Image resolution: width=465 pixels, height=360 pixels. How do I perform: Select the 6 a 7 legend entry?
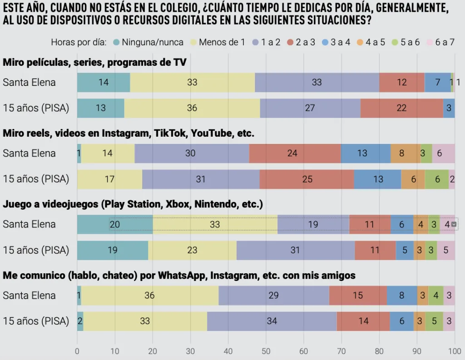440,42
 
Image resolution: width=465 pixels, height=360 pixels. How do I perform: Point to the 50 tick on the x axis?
266,351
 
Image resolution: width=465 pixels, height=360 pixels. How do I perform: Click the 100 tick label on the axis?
454,351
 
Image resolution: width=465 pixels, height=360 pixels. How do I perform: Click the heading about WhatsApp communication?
179,275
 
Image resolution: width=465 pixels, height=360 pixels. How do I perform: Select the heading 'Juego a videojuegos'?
133,204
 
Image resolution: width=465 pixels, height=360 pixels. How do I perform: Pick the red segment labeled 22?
401,108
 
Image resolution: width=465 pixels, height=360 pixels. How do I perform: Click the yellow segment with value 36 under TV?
192,108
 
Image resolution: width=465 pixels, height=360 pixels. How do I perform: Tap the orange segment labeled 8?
401,153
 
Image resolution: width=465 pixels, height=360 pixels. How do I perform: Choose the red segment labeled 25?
307,179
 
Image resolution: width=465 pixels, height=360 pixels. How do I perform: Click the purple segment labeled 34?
272,321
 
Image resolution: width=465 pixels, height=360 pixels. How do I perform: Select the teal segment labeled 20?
115,224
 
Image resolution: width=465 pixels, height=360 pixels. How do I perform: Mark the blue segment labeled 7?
437,83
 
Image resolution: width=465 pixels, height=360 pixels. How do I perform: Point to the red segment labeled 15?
358,296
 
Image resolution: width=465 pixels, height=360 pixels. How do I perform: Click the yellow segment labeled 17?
109,179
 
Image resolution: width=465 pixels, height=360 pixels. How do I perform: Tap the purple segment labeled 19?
313,224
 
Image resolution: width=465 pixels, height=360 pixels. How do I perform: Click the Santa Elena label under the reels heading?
29,153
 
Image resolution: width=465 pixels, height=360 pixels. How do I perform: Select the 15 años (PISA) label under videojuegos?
36,250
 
